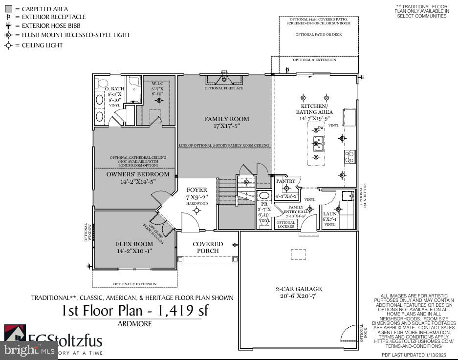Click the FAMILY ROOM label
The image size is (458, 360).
point(226,119)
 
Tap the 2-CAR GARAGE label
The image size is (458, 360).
point(298,289)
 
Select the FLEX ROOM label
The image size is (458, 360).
point(134,244)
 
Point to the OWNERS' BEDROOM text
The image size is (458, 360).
point(138,174)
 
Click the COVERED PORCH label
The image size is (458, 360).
point(208,247)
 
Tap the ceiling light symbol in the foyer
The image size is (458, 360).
point(197,211)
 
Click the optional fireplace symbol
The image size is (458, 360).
point(224,78)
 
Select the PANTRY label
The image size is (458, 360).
point(285,181)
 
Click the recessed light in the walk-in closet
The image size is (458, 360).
point(159,101)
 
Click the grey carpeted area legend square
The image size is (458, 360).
point(8,9)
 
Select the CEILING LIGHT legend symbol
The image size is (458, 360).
point(8,45)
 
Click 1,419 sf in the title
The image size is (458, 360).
point(183,310)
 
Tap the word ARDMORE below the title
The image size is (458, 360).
point(134,323)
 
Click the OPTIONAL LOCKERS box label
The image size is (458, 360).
point(286,224)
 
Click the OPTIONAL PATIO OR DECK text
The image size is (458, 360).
point(318,35)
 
